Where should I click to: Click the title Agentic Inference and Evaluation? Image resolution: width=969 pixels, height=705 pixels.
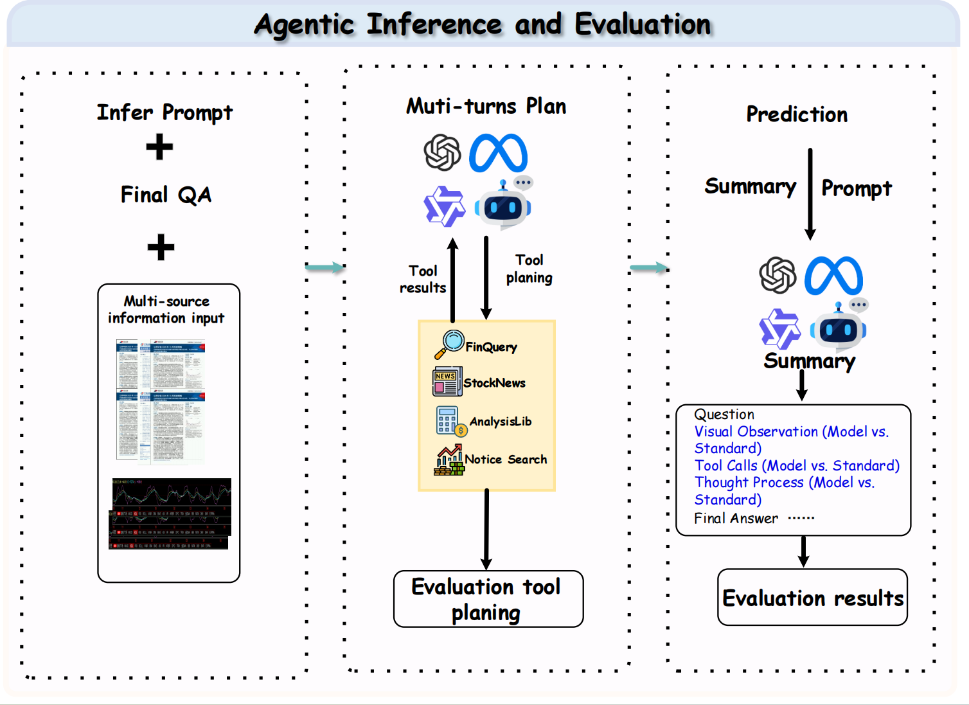click(483, 24)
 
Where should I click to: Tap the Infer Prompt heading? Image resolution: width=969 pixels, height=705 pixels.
click(164, 112)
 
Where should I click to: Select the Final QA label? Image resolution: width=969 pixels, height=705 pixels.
click(166, 195)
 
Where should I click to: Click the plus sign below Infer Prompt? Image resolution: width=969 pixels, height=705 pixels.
click(159, 147)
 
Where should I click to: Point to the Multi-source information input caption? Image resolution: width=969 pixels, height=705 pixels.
click(166, 309)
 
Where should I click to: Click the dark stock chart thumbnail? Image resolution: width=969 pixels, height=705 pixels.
click(171, 513)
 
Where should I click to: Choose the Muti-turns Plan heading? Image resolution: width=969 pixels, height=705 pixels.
click(486, 106)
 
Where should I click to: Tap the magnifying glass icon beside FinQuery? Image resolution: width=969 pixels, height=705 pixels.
click(449, 344)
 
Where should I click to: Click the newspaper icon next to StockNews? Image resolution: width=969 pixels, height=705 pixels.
click(447, 382)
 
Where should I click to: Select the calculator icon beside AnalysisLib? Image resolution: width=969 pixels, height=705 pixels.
click(450, 422)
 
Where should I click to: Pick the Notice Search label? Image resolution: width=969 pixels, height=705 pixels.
click(506, 460)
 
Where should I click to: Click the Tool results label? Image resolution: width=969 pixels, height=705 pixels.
click(423, 280)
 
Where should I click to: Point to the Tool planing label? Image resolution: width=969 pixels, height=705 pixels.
click(529, 269)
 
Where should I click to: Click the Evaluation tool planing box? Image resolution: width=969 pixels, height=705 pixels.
click(488, 599)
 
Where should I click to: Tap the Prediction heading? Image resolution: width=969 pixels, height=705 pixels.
click(797, 114)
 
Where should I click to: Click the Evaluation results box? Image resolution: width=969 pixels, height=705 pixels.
click(812, 598)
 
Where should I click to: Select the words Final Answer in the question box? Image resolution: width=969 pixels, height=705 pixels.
click(736, 519)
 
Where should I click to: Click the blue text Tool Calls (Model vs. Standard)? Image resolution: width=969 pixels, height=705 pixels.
click(797, 465)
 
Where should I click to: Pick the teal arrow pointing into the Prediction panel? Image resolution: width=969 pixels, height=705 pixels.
click(648, 268)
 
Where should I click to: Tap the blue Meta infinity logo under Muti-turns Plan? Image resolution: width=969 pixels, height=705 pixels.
click(498, 153)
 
